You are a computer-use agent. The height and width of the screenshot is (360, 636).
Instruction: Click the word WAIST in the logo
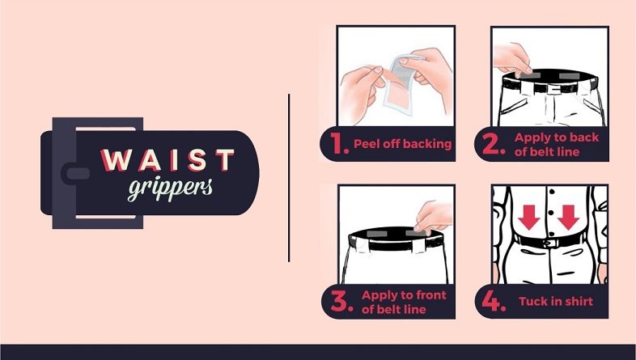[x=167, y=159]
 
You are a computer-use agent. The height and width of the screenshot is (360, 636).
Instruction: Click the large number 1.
[x=339, y=143]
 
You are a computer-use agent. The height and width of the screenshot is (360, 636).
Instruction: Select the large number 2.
[x=494, y=144]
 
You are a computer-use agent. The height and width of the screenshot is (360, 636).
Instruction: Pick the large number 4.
[x=494, y=301]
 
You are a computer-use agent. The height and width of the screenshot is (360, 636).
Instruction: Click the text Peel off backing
[x=402, y=144]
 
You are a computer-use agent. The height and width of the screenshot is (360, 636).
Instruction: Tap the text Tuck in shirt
[x=556, y=301]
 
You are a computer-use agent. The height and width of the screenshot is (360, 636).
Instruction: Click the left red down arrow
[x=529, y=218]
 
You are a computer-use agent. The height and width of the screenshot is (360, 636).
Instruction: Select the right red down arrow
[x=568, y=218]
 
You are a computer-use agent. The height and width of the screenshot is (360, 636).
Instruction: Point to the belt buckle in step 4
[x=551, y=244]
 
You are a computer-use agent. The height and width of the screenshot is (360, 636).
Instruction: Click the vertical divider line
[x=289, y=178]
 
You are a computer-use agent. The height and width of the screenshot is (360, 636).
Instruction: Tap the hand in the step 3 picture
[x=433, y=218]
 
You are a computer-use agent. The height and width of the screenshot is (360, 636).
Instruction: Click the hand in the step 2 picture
[x=512, y=60]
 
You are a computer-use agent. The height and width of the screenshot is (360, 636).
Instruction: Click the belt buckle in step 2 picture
[x=553, y=88]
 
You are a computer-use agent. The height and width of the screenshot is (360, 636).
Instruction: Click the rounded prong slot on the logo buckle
[x=76, y=173]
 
